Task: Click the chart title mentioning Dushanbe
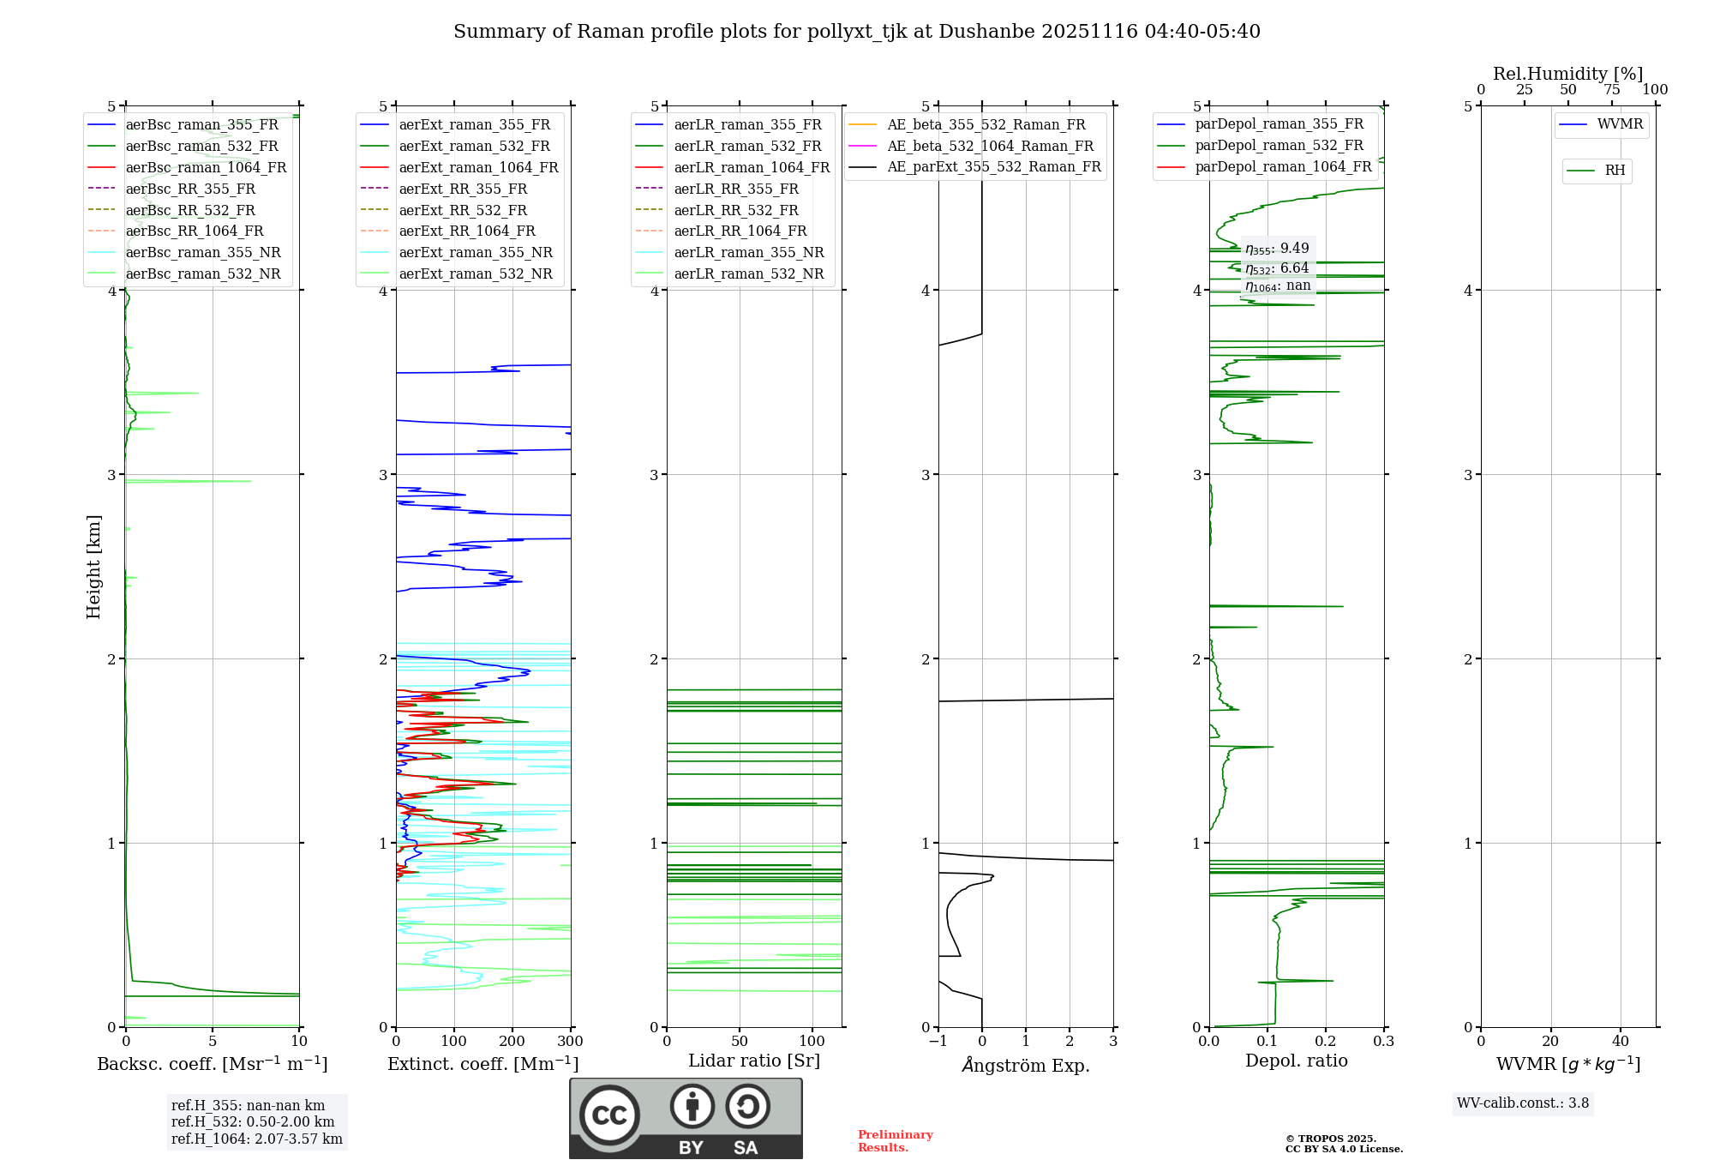pyautogui.click(x=856, y=32)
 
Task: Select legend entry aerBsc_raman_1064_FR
pyautogui.click(x=206, y=167)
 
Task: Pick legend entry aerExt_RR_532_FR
pyautogui.click(x=463, y=210)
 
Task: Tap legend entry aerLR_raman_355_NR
pyautogui.click(x=748, y=252)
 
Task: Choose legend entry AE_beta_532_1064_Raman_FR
pyautogui.click(x=990, y=146)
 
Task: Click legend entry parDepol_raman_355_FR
pyautogui.click(x=1279, y=124)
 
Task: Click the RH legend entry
pyautogui.click(x=1615, y=171)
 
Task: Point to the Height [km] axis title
pyautogui.click(x=93, y=566)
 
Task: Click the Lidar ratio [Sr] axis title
pyautogui.click(x=754, y=1061)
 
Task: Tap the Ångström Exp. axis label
pyautogui.click(x=1026, y=1065)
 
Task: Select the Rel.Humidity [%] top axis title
pyautogui.click(x=1567, y=74)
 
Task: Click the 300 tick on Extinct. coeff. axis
pyautogui.click(x=570, y=1042)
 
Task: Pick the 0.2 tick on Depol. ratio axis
pyautogui.click(x=1326, y=1042)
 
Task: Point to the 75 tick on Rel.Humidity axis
pyautogui.click(x=1611, y=90)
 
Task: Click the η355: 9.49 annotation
pyautogui.click(x=1277, y=249)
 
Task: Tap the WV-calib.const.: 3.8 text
pyautogui.click(x=1523, y=1103)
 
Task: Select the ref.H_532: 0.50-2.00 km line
pyautogui.click(x=253, y=1122)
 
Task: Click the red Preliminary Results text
pyautogui.click(x=895, y=1141)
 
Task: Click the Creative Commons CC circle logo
pyautogui.click(x=609, y=1115)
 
